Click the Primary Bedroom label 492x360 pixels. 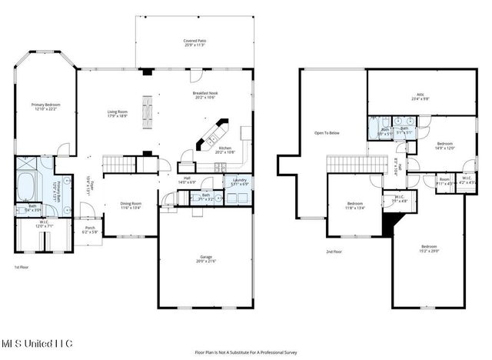click(x=45, y=105)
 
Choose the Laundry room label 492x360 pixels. click(x=240, y=182)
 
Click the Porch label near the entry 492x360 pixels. click(x=90, y=228)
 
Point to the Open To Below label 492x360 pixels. click(x=327, y=132)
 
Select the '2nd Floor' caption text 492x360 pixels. click(x=334, y=252)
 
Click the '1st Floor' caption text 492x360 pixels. click(x=22, y=267)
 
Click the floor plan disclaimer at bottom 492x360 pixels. click(x=246, y=352)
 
